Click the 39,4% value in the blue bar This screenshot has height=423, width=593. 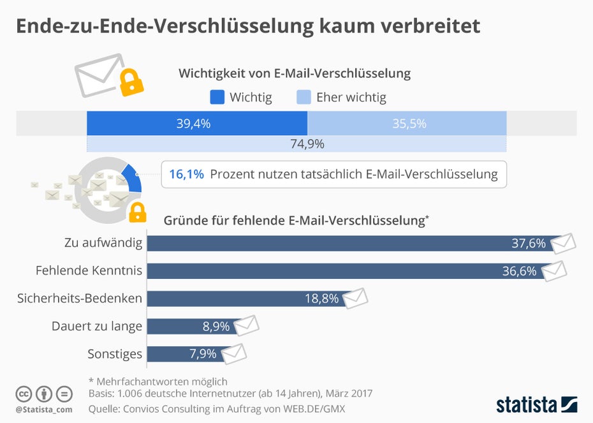(x=193, y=124)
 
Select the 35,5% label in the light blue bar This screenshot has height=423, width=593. (x=409, y=124)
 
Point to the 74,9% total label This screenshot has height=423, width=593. (x=307, y=144)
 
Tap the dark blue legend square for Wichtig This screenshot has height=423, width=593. (x=217, y=97)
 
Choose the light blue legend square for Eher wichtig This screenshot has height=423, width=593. (x=304, y=97)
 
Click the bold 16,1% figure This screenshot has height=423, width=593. (x=187, y=174)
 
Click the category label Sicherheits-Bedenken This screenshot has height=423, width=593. (x=80, y=299)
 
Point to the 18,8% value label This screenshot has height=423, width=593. (x=321, y=299)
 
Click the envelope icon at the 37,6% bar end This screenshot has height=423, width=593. (x=562, y=242)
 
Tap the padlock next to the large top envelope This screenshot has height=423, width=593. (x=131, y=82)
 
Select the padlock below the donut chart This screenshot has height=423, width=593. (x=137, y=212)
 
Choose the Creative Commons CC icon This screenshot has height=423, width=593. (x=24, y=394)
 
